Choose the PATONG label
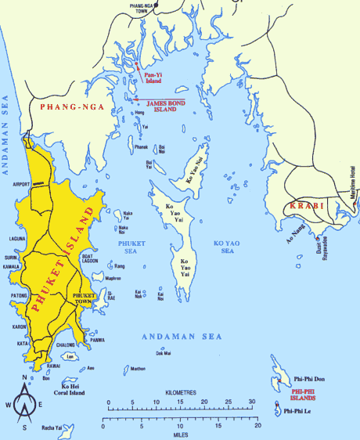pyautogui.click(x=13, y=296)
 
